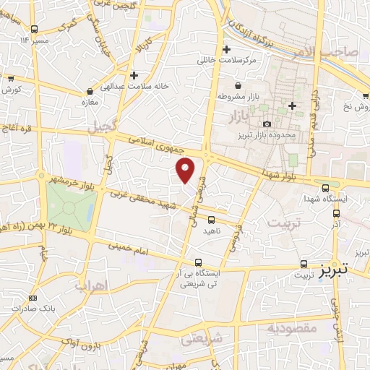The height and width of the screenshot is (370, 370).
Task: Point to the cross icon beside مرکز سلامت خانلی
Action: pos(227,50)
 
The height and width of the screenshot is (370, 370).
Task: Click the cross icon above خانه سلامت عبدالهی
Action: pos(134,75)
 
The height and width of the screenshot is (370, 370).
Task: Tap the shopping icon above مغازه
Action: pos(90,92)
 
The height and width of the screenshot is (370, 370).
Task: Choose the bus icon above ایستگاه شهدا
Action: pos(325,187)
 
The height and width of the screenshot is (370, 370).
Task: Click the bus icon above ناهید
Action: pos(212,220)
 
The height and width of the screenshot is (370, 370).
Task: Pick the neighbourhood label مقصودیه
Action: pos(292,328)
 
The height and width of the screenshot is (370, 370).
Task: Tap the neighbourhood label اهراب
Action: pos(111,286)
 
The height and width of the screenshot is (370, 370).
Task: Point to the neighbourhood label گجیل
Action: pos(101,127)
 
